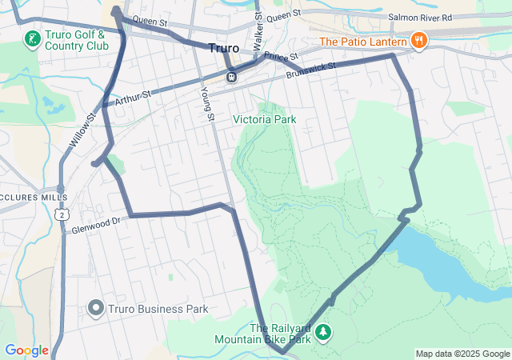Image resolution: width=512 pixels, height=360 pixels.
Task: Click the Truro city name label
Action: coord(223,48)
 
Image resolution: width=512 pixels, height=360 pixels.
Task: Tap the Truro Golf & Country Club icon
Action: coord(31,39)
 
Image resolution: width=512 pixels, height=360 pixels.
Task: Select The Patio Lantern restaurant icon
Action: coord(418,41)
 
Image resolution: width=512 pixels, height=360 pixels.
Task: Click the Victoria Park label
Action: coord(264,119)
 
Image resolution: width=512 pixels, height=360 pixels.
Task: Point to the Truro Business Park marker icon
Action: coord(96,308)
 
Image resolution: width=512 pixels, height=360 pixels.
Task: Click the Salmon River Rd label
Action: coord(419,17)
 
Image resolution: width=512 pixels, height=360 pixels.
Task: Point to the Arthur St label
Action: coord(132,98)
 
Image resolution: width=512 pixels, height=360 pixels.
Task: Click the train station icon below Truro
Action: coord(230,77)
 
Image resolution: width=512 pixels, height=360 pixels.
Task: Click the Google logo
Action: coord(26,350)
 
